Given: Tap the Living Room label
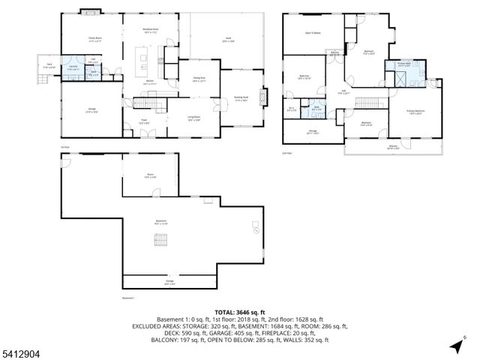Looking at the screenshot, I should [x=193, y=118].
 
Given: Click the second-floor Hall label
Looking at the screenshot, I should [x=343, y=92].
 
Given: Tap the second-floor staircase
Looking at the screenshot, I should [x=367, y=102].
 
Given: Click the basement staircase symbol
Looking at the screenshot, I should [x=160, y=240].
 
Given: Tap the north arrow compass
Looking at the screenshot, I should [x=455, y=345].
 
